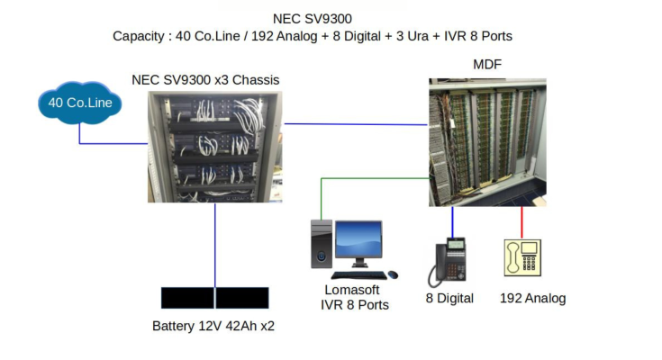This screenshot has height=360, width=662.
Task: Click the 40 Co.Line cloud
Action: tap(79, 103)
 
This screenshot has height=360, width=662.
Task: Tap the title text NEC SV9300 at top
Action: tap(312, 18)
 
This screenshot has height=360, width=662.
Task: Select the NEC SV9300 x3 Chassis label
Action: tap(205, 80)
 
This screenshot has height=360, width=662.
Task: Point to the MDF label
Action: tap(487, 65)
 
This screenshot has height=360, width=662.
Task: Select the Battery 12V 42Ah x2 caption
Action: tap(213, 326)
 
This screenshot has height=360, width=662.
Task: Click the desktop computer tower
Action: tap(321, 245)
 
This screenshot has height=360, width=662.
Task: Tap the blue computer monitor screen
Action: tap(358, 240)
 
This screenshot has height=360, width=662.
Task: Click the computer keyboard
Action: tap(359, 274)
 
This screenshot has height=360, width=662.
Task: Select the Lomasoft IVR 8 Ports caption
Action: tap(354, 297)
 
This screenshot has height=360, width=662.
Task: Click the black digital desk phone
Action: tap(450, 261)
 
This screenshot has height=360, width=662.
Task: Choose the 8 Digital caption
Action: tap(449, 298)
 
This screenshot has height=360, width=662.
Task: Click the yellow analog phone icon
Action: tap(521, 258)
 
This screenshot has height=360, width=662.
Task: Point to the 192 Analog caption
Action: tap(532, 298)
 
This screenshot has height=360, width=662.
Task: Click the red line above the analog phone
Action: tap(521, 222)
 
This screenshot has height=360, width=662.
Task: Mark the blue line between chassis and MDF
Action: tap(356, 124)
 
